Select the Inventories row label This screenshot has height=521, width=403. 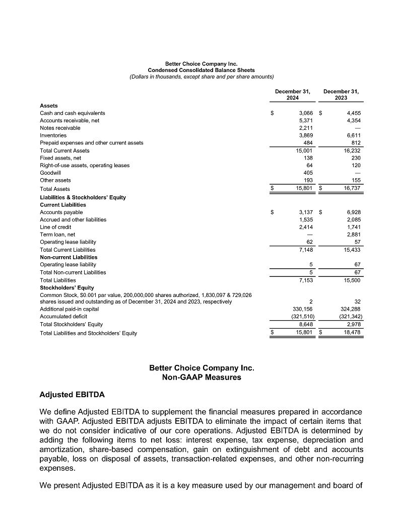click(x=53, y=135)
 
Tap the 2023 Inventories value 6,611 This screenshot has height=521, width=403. click(x=354, y=135)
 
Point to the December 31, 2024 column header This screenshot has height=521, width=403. click(x=292, y=95)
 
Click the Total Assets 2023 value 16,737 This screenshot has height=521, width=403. click(x=352, y=189)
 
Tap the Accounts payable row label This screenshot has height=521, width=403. click(x=61, y=212)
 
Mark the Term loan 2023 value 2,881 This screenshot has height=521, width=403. click(x=354, y=235)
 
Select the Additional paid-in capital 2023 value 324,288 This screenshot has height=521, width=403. click(x=351, y=309)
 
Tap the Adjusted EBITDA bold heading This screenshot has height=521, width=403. click(x=72, y=394)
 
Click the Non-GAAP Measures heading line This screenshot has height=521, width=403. click(x=201, y=377)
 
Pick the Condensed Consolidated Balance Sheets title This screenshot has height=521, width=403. click(x=201, y=70)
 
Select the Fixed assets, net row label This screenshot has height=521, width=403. click(x=60, y=158)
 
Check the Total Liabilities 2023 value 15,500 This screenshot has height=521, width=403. click(x=352, y=280)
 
